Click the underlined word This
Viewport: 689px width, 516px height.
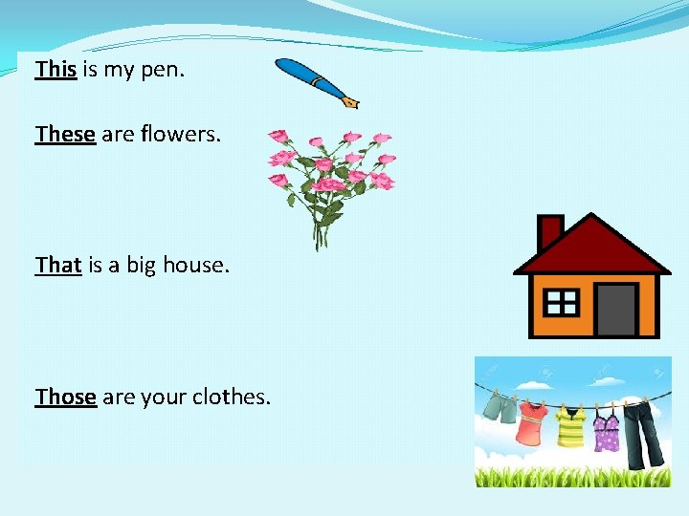click(x=56, y=69)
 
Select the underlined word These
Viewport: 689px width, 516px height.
click(x=65, y=135)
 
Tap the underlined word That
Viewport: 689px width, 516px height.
click(x=58, y=265)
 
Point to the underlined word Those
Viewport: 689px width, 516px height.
click(x=66, y=397)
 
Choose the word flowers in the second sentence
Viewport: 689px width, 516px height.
click(x=180, y=135)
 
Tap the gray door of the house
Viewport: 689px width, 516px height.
click(x=615, y=308)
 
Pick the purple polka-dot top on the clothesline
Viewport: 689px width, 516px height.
click(x=606, y=429)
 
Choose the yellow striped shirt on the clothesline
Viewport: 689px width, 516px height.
click(x=571, y=427)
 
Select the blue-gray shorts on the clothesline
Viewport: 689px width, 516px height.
click(x=499, y=408)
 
